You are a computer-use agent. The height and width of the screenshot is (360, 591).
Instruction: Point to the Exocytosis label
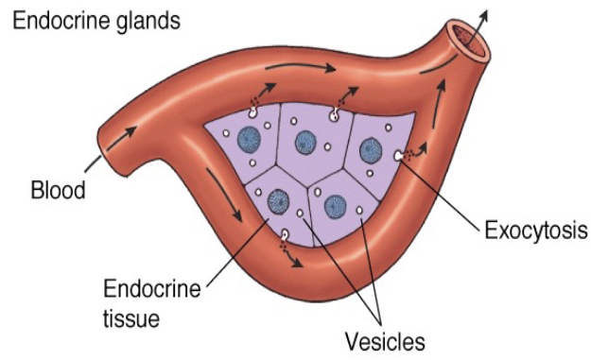(x=535, y=230)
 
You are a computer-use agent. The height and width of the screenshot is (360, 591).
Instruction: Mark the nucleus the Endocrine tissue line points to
(x=278, y=200)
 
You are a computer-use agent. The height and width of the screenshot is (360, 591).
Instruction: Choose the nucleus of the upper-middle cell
(x=304, y=144)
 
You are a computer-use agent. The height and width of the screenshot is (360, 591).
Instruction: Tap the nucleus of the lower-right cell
(x=335, y=205)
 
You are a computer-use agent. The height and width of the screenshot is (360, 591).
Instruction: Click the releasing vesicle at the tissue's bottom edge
(x=285, y=233)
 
